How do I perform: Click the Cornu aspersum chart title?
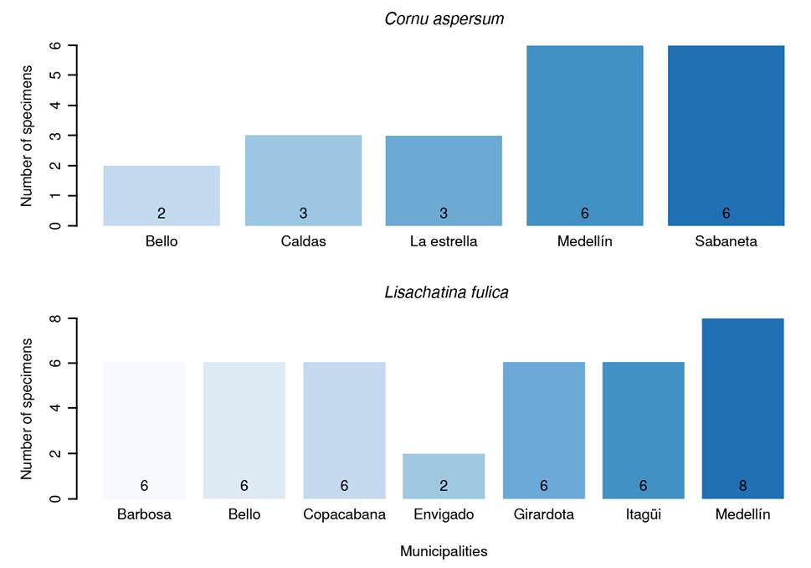444,18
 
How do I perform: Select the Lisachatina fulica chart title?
446,292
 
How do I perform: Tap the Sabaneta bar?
726,135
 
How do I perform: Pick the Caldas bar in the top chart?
303,180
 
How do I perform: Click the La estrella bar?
444,180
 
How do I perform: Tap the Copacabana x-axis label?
344,514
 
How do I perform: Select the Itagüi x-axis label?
643,514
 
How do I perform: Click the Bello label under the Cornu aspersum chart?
162,241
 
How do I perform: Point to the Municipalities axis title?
444,551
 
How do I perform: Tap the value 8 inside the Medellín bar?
742,486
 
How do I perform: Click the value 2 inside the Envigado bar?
444,486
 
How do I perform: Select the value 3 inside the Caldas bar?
303,214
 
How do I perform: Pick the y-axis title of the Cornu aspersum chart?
27,136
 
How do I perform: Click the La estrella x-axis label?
444,241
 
